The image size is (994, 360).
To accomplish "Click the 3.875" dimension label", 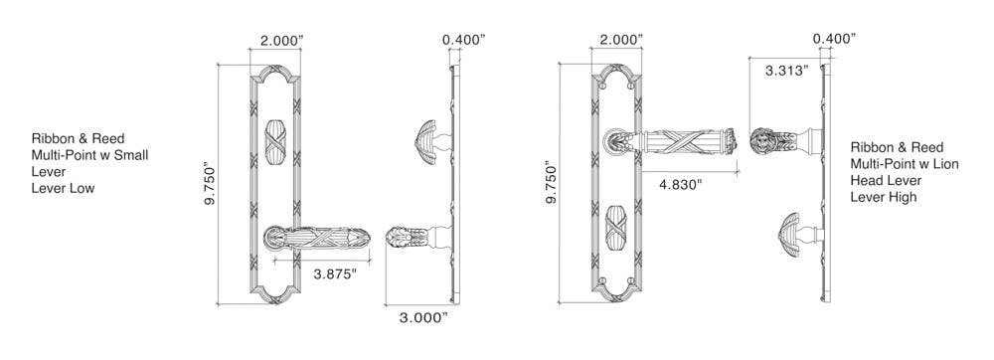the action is [x=335, y=274].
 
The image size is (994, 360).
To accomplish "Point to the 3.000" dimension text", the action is [x=423, y=317].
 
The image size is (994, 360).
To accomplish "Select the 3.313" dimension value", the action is [x=786, y=71].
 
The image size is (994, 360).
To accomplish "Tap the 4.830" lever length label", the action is [x=681, y=185].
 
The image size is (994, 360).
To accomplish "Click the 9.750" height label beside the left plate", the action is [x=211, y=184].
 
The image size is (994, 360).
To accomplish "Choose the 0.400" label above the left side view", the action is [x=464, y=40].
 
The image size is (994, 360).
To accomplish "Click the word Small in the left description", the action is [x=130, y=155].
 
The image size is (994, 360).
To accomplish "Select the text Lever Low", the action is [x=64, y=188].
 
